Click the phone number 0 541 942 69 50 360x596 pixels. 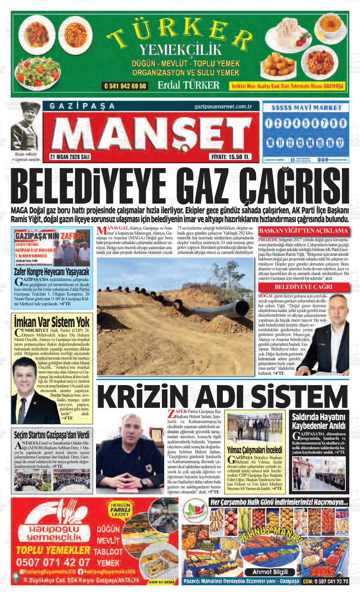point(125,86)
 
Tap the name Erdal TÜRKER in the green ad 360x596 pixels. point(189,85)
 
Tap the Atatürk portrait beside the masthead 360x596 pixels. point(26,129)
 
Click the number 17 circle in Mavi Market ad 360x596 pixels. point(339,143)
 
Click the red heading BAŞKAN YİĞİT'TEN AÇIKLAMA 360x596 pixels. point(303,231)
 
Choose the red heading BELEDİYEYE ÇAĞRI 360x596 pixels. point(303,287)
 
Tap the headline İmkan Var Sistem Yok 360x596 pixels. point(52,322)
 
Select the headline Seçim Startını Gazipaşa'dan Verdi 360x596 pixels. point(52,434)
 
